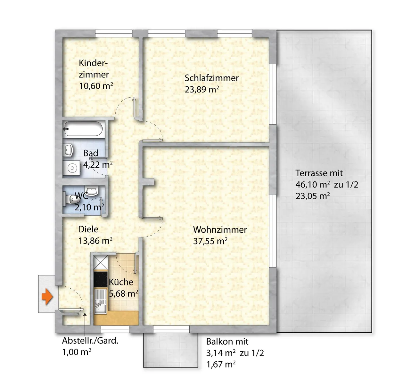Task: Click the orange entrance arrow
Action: click(47, 297)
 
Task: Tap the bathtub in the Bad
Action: click(83, 129)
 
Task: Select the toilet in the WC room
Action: click(71, 199)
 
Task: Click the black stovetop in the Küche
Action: click(101, 279)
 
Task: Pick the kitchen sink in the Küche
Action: click(101, 301)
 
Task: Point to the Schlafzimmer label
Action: click(211, 78)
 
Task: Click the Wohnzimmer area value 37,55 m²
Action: click(210, 241)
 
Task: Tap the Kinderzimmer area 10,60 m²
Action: click(96, 86)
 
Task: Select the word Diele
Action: click(88, 229)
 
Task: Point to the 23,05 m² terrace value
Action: click(313, 196)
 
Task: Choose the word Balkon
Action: click(218, 342)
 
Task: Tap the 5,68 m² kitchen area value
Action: click(123, 293)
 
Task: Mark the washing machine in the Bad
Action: click(72, 168)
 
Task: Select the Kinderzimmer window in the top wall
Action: click(114, 34)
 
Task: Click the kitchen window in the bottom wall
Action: click(115, 329)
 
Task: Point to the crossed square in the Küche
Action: click(101, 262)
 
